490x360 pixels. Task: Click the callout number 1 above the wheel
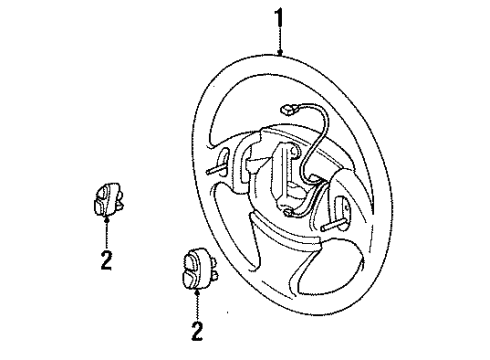(x=279, y=18)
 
